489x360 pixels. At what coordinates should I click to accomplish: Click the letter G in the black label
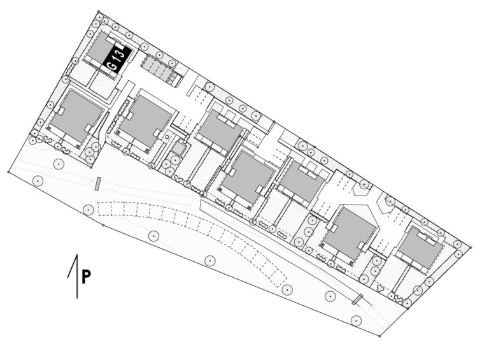coord(112,66)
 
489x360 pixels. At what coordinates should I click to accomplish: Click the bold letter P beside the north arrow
coord(86,277)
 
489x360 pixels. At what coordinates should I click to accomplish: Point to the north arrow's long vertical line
coord(77,277)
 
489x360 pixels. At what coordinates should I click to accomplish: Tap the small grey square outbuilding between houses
coord(178,148)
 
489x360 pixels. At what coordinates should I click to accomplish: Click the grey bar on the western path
coord(98,184)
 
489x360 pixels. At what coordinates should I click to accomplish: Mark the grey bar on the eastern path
coord(357,299)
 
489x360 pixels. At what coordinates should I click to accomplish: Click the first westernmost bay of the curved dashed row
coord(104,209)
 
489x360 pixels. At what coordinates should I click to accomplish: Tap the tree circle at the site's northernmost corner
coord(99,17)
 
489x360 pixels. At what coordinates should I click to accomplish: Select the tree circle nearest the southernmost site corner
coord(356,320)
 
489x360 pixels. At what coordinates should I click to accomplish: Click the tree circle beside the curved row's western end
coord(89,210)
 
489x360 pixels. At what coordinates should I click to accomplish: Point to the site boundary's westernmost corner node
coord(8,171)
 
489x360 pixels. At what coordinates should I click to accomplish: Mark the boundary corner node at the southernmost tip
coord(379,336)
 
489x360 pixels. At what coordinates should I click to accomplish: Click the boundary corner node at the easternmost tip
coord(471,247)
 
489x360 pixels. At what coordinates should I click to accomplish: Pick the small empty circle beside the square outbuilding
coord(167,136)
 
